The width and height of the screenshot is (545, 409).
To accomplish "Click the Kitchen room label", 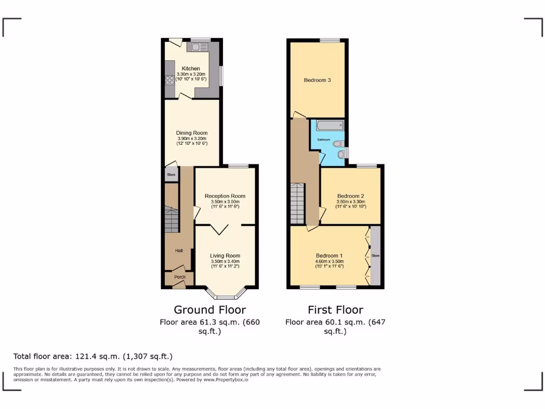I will point(191,69).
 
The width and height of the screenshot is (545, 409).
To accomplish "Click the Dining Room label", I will point(192,133).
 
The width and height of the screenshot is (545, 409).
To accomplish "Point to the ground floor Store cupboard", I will point(171,175).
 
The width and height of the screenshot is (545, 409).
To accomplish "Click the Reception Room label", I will point(225,196).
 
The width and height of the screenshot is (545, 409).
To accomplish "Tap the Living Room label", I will point(225,256).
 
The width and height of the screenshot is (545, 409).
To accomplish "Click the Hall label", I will point(179,251).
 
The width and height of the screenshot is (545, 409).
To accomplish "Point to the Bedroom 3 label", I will point(317,80).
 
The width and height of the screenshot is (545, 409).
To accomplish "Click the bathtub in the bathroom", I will point(330,126).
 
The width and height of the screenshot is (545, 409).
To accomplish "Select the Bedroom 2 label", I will point(350,196).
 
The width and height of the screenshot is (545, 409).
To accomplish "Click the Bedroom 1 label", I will point(329,256).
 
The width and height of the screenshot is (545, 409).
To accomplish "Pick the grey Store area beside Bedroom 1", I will point(376,256).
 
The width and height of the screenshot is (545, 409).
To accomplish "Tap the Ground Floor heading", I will point(210,310).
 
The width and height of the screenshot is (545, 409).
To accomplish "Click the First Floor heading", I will point(335,310).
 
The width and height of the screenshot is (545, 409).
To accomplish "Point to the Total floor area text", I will point(93,356).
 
